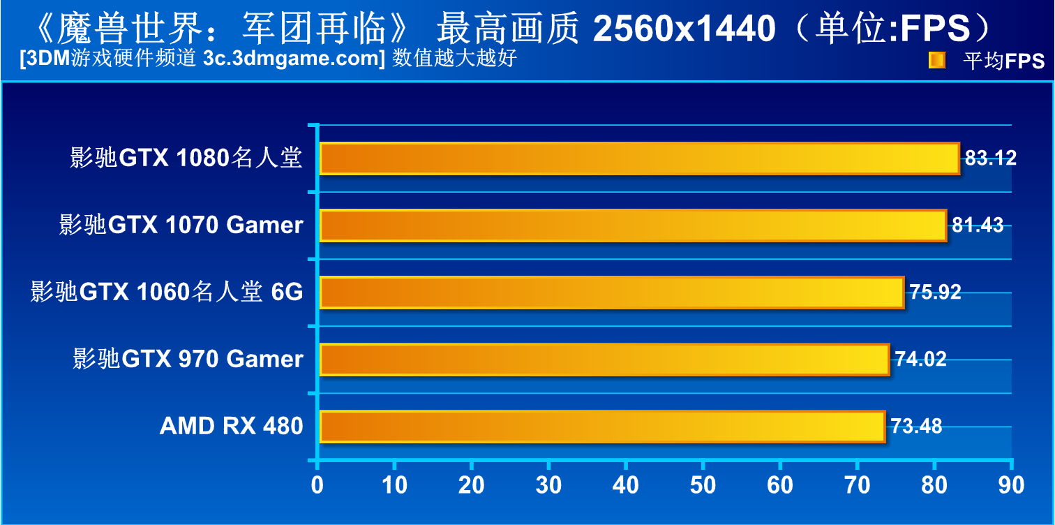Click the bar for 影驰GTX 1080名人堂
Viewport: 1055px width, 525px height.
(639, 158)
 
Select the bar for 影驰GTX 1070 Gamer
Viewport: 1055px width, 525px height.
(633, 225)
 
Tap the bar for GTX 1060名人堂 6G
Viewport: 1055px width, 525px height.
(611, 292)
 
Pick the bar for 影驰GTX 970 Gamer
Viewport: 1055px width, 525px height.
(604, 359)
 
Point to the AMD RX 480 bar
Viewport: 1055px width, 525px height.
(602, 426)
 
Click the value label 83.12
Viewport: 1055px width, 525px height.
(991, 158)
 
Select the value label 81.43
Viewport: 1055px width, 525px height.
(978, 225)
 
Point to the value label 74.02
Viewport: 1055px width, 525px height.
(920, 359)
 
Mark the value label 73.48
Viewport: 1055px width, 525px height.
(916, 426)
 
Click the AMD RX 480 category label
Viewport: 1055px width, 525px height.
(231, 426)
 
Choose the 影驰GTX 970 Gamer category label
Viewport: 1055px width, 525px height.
(188, 359)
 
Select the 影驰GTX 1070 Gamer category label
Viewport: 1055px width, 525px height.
(181, 225)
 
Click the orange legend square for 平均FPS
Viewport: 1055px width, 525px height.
(936, 61)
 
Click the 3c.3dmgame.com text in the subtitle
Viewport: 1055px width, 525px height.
(291, 59)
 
